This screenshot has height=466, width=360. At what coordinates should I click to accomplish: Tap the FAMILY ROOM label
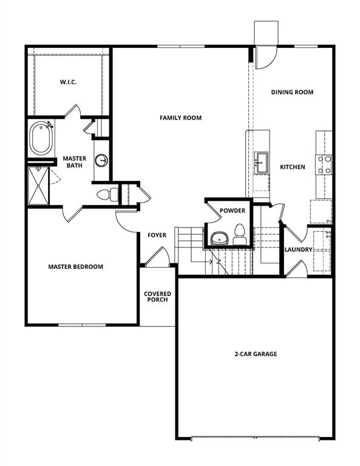(180, 118)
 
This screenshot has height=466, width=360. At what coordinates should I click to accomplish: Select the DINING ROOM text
(292, 92)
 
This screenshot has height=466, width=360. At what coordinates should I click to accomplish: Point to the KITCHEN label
(292, 167)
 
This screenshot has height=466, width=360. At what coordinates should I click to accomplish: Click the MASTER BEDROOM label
(76, 266)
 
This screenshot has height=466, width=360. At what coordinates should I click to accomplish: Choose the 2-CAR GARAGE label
(256, 354)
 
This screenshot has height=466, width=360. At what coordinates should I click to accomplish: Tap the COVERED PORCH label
(157, 297)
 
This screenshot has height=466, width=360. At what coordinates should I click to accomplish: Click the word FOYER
(157, 235)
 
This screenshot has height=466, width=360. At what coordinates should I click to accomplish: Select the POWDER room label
(233, 211)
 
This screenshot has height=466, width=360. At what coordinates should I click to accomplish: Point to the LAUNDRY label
(299, 249)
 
